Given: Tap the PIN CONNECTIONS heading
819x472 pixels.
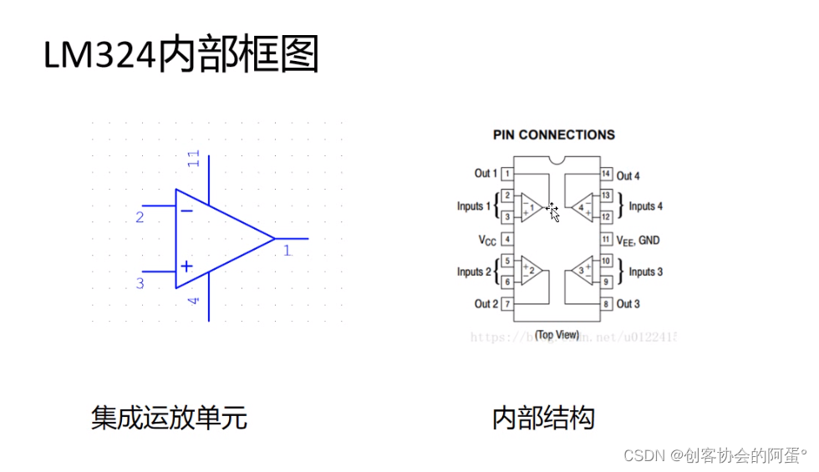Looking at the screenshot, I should point(553,134).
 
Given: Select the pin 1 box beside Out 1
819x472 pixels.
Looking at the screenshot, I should point(507,174).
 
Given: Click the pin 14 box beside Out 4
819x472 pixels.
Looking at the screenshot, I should point(606,175).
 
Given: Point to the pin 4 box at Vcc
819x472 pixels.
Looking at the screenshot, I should point(507,240).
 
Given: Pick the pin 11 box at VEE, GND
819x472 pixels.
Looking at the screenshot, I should point(606,240).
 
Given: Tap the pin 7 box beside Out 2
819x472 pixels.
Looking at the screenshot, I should point(507,304).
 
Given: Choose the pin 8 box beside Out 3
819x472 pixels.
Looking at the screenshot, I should point(606,304).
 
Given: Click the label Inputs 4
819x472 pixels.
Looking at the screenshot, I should point(645,206).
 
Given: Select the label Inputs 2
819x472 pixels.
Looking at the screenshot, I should point(474,272).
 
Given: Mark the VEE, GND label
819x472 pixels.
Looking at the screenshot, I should point(638,241).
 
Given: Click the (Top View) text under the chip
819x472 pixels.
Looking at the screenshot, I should point(557,334).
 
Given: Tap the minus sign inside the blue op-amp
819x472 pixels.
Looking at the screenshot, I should point(186,211).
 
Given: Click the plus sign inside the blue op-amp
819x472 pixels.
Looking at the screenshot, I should point(186,266).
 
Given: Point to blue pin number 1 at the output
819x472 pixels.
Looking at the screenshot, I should point(287,250).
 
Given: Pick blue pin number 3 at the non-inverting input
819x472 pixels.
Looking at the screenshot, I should point(140,284).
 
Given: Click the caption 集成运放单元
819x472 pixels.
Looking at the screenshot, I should point(169,417).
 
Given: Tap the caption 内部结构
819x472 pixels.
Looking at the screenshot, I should point(543,417).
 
